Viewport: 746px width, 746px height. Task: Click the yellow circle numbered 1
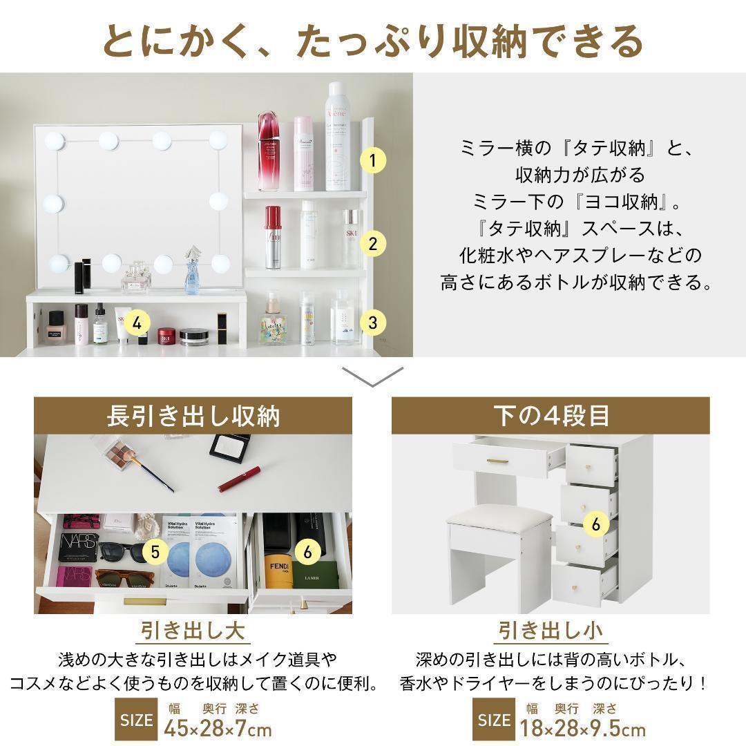[373, 162]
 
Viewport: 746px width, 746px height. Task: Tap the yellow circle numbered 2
[373, 243]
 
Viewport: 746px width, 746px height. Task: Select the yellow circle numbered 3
[373, 322]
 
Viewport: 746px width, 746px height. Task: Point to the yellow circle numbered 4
[137, 322]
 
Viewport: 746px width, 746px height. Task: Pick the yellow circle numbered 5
[155, 551]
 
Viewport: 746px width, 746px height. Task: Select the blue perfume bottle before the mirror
[192, 274]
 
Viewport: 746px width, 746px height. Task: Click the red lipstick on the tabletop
[239, 479]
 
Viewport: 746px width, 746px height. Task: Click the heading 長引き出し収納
[193, 416]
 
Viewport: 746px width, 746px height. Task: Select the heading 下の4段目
[551, 416]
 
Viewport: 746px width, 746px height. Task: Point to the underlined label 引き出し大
[193, 631]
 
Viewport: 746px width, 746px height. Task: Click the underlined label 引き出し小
[551, 631]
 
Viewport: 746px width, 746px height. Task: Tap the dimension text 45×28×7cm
[218, 728]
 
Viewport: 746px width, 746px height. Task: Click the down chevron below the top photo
[373, 376]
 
